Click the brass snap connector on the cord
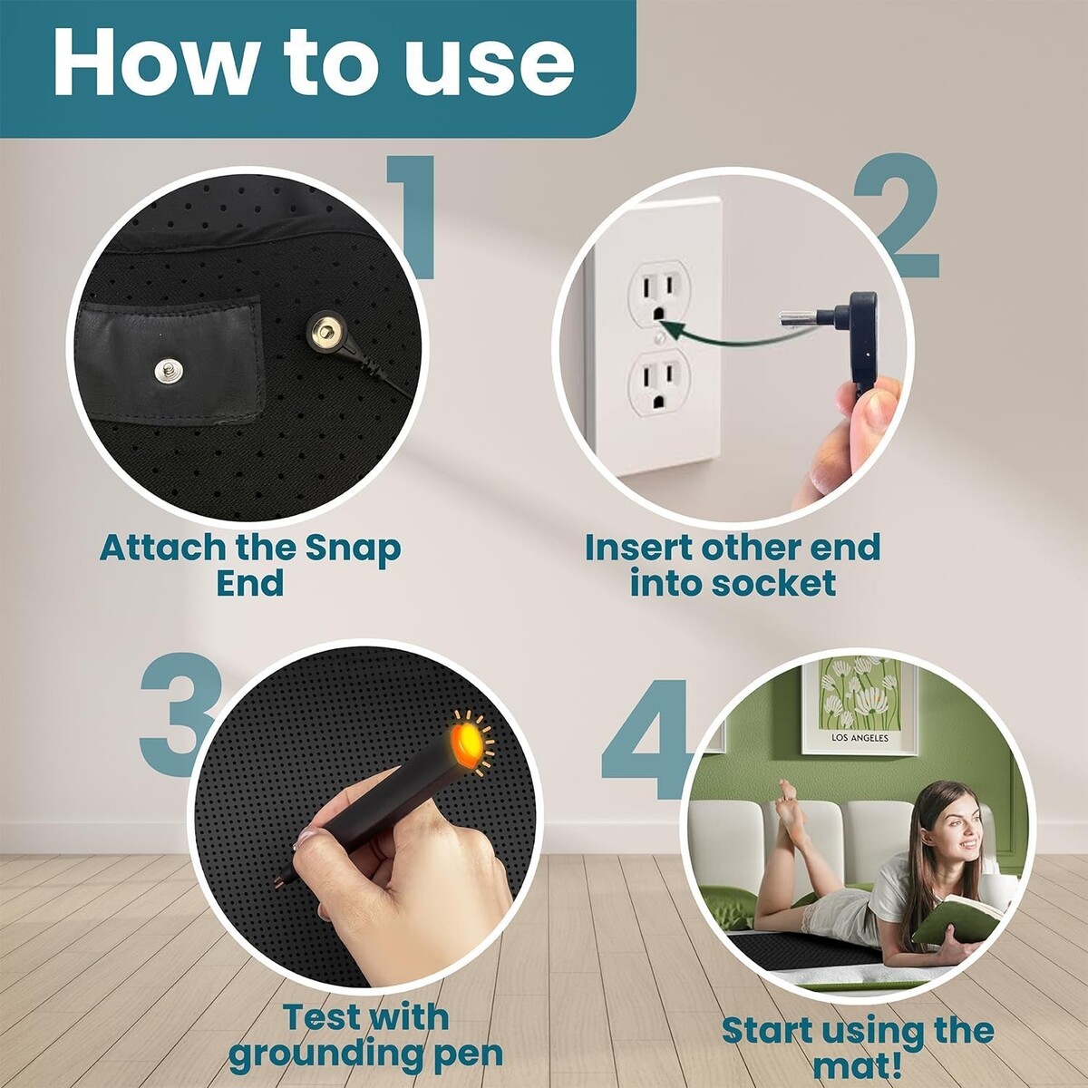(x=327, y=334)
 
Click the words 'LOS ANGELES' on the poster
(x=860, y=738)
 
